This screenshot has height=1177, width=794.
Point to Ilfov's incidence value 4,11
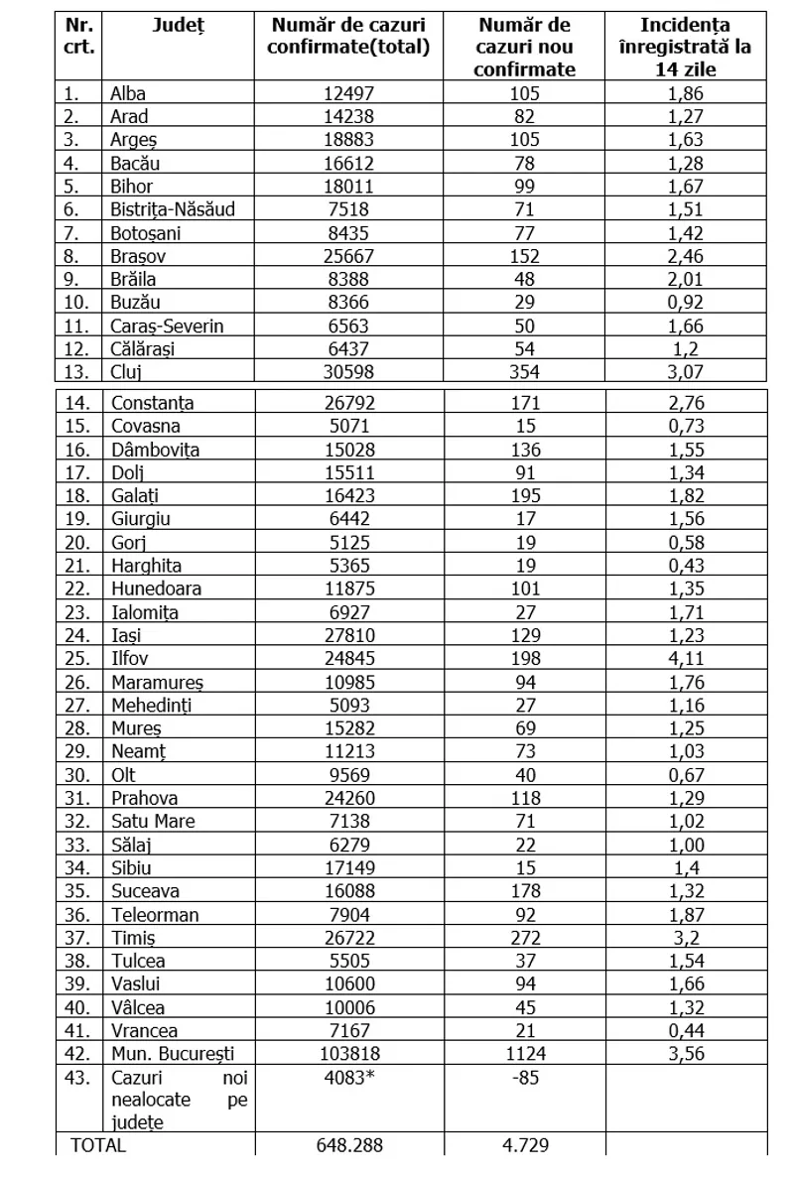[686, 660]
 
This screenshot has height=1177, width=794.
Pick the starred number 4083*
[352, 1077]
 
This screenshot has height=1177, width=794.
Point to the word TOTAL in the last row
[99, 1145]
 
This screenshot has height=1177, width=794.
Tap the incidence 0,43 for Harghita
[686, 567]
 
